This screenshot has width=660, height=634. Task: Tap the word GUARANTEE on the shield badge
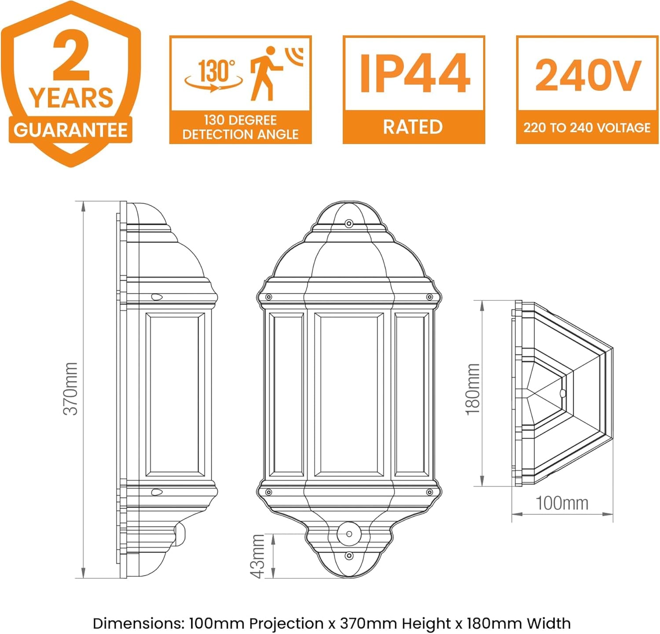pos(70,130)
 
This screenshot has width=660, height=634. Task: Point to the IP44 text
pos(414,73)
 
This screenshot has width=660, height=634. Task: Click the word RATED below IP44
pos(413,127)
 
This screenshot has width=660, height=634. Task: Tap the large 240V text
pos(587,75)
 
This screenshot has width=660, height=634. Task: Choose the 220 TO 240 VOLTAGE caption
pos(587,128)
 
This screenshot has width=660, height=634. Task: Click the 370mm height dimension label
pos(70,389)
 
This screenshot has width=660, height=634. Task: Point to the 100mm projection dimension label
pos(562,503)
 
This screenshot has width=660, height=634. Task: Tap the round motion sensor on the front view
pos(349,534)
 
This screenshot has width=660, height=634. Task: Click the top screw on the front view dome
pos(349,223)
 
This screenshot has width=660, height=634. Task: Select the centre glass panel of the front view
pos(348,395)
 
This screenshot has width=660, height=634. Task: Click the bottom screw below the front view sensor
pos(349,556)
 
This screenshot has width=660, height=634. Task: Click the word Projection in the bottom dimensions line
pos(286,623)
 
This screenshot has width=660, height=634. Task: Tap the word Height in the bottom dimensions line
pos(426,623)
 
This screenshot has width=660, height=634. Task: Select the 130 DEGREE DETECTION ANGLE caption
pos(240,127)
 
